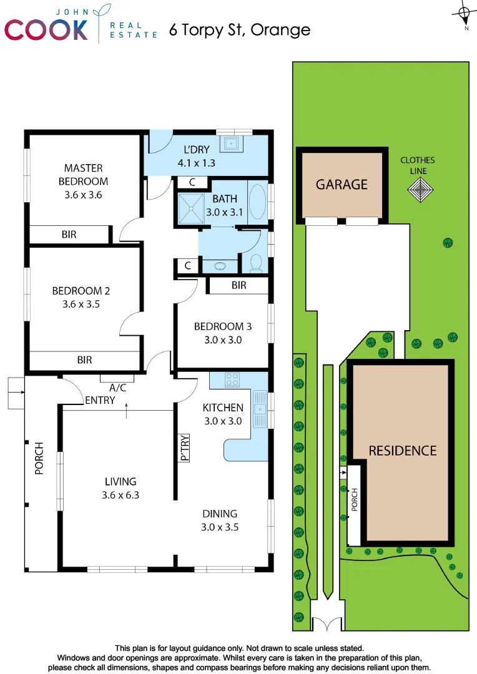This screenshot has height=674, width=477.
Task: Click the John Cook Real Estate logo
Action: pyautogui.click(x=81, y=25)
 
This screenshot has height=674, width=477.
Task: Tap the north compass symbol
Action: pyautogui.click(x=464, y=14)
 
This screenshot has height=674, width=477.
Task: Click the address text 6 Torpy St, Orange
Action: pyautogui.click(x=239, y=30)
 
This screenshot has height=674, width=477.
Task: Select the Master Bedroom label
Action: pyautogui.click(x=83, y=175)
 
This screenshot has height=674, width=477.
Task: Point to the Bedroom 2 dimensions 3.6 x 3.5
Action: pyautogui.click(x=81, y=305)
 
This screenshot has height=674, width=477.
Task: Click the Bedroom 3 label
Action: pyautogui.click(x=222, y=326)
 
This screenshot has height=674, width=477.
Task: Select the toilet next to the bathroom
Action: pyautogui.click(x=256, y=263)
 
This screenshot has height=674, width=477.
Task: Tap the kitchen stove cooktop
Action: pyautogui.click(x=233, y=379)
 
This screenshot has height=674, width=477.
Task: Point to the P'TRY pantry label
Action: pyautogui.click(x=185, y=447)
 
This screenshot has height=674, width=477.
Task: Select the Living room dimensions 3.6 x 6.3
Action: pyautogui.click(x=120, y=495)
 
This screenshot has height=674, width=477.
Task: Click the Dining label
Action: pyautogui.click(x=220, y=514)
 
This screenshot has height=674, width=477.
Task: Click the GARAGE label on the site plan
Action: pyautogui.click(x=342, y=184)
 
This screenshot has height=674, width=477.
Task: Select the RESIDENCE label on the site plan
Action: pyautogui.click(x=402, y=451)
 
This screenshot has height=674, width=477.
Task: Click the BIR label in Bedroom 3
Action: pyautogui.click(x=238, y=285)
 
